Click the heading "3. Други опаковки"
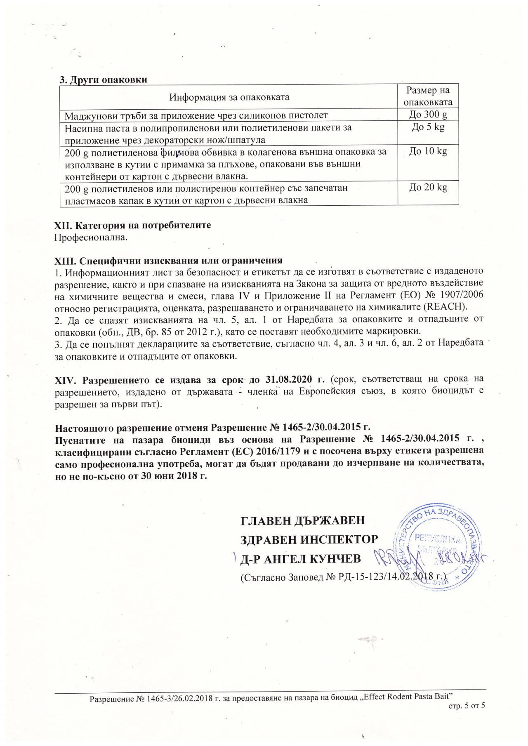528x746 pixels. (x=104, y=80)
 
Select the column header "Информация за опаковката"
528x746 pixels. (x=229, y=97)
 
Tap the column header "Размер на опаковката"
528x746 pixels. (x=428, y=96)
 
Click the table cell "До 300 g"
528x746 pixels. (x=428, y=115)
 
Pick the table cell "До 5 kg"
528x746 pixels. (x=428, y=127)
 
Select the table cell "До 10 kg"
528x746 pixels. (x=428, y=151)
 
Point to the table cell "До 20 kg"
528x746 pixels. (x=428, y=188)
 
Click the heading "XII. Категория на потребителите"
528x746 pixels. (x=133, y=226)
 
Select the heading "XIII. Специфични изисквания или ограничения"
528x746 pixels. (x=169, y=261)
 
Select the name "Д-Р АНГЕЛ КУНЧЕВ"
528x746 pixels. (x=301, y=559)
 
